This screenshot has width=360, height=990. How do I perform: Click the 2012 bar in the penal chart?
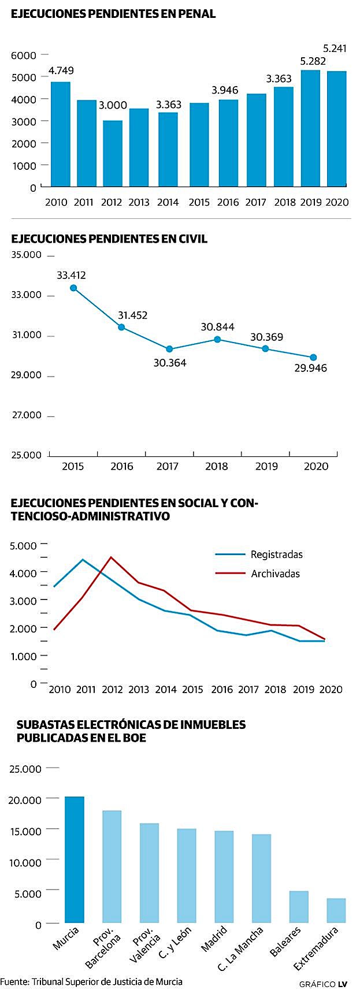click(113, 153)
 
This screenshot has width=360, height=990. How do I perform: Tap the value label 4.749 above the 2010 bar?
click(61, 71)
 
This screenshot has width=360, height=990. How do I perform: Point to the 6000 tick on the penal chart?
click(24, 55)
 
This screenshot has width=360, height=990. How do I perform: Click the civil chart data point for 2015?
click(73, 288)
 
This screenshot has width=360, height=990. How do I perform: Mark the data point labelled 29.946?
click(313, 357)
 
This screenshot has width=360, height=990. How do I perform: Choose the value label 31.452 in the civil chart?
click(132, 315)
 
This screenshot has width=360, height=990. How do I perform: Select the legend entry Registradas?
click(276, 554)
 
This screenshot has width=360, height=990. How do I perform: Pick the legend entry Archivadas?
click(275, 574)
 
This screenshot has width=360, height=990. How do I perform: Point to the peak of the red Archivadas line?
click(112, 557)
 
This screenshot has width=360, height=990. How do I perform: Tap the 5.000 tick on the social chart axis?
click(23, 545)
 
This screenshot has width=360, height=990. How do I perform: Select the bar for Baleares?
click(299, 906)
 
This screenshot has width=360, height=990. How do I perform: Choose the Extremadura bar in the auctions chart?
click(336, 910)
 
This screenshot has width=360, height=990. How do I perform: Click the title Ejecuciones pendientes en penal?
click(113, 14)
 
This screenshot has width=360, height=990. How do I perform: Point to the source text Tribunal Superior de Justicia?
click(107, 981)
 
